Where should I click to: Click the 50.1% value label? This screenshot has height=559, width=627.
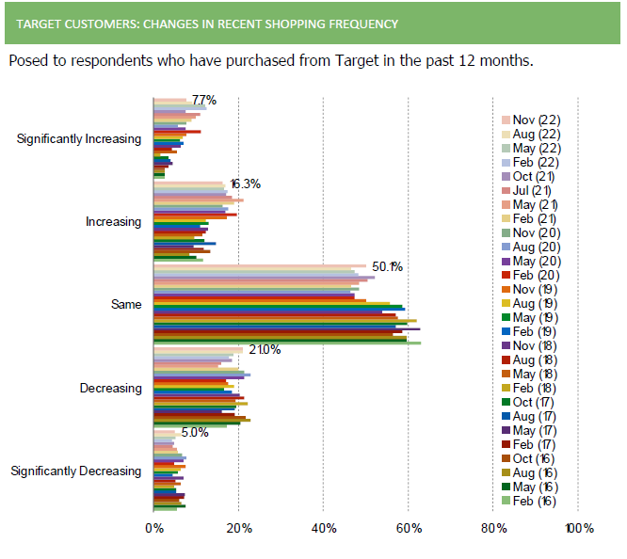pos(387,267)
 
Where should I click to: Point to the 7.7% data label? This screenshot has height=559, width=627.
pos(204,100)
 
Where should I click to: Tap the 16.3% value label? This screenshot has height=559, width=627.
pos(245,184)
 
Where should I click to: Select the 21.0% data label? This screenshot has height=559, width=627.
pos(265,350)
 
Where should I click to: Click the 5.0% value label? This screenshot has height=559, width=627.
pos(194,433)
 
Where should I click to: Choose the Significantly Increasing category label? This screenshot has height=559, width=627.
pos(79,139)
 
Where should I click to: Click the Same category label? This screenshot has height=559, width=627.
pos(126,305)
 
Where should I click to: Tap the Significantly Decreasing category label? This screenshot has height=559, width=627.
pos(75,471)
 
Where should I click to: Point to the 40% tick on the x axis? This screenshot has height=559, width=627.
pos(323,528)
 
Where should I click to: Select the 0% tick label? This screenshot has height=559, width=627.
pos(153,528)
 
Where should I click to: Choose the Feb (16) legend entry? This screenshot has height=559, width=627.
pos(534,501)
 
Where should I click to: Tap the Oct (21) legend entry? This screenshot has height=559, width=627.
pos(534,176)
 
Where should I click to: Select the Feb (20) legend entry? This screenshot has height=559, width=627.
pos(534,275)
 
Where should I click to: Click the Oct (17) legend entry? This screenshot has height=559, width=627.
pos(534,402)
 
